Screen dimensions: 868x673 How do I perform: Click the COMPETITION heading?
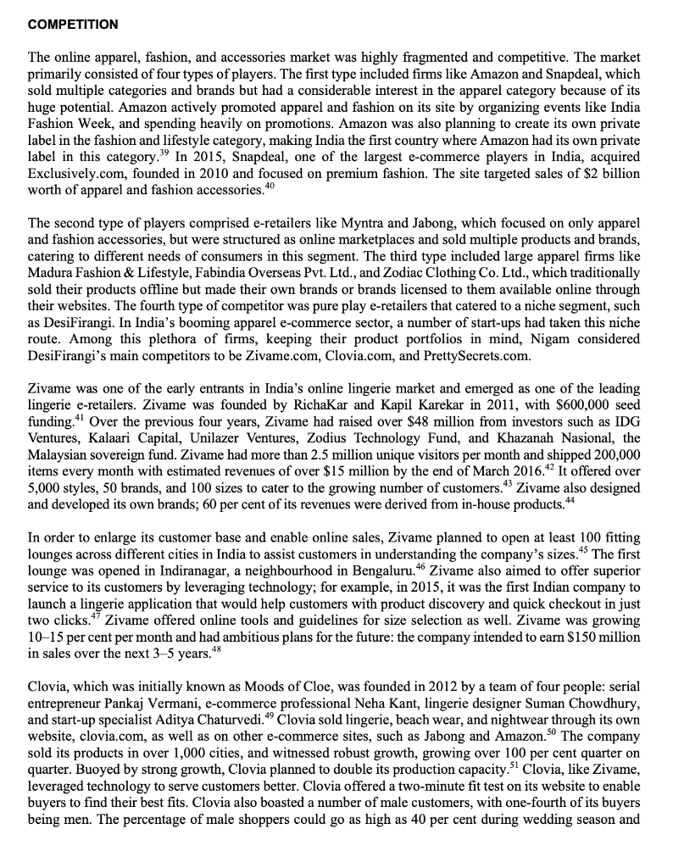pyautogui.click(x=73, y=25)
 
